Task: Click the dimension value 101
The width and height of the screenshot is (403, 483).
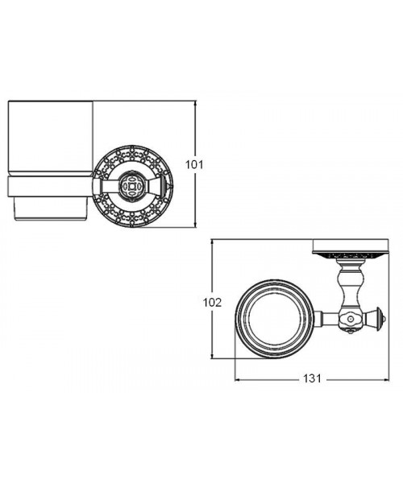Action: (194, 164)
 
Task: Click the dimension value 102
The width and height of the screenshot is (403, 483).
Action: (212, 303)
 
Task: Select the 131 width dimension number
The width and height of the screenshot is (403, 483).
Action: (312, 378)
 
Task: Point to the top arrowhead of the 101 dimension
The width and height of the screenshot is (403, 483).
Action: (195, 104)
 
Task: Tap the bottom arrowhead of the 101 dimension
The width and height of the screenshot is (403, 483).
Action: (195, 225)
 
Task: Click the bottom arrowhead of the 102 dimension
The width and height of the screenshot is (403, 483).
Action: (212, 355)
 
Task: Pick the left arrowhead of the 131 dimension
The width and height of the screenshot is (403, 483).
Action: (239, 380)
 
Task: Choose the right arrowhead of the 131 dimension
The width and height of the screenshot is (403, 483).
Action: (385, 380)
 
